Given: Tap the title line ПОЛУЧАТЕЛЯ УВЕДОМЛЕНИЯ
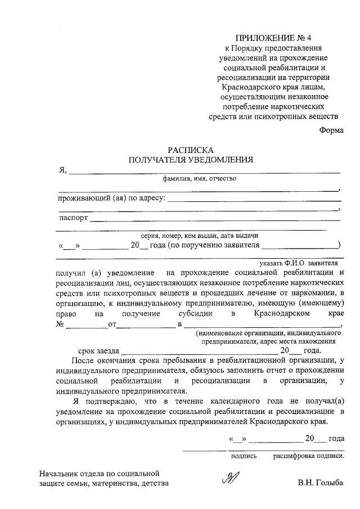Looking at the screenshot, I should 191,160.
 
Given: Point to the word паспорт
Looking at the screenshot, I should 73,218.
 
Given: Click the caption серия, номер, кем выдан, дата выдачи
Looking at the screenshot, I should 200,236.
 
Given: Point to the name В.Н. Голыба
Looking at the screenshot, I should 319,483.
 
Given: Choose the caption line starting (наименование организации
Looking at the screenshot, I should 264,333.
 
